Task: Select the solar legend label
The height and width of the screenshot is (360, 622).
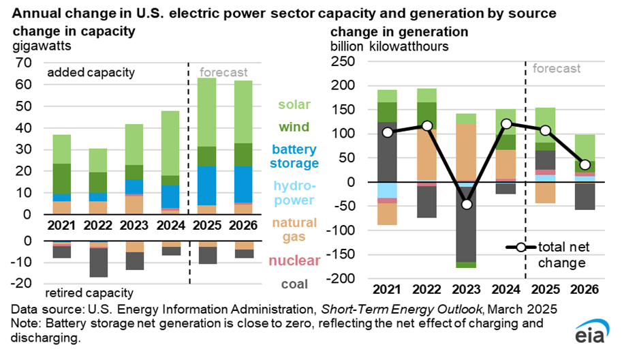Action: point(294,105)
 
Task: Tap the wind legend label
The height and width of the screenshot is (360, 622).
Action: point(294,127)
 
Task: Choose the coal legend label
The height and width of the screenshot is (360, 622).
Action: point(294,284)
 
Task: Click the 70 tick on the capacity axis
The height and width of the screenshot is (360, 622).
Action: point(24,63)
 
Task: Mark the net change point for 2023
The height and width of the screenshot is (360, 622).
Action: point(467,205)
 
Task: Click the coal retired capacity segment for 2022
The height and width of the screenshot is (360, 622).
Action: point(99,262)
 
